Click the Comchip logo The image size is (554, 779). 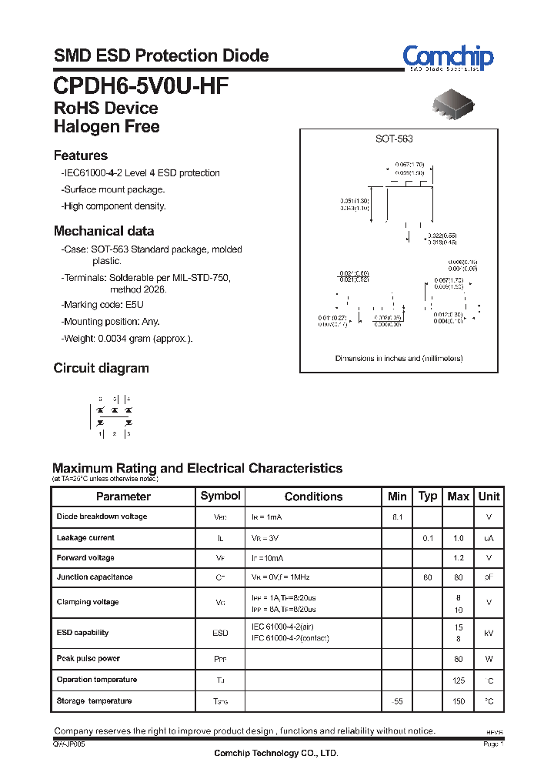448,57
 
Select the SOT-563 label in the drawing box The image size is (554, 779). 394,139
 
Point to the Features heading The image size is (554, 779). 81,155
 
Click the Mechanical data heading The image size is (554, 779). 104,231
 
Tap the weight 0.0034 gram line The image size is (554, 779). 127,339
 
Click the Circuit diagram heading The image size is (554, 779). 101,368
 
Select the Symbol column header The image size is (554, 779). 220,496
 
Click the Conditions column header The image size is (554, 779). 313,496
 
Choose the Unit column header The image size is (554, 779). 489,496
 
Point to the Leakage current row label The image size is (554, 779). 85,537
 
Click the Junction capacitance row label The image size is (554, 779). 95,577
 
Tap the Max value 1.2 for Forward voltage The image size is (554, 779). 458,558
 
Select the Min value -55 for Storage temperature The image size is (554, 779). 397,701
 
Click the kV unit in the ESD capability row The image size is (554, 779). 489,633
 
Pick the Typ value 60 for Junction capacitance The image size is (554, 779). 428,577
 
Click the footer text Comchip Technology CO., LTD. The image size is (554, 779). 275,754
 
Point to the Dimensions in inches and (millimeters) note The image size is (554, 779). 399,359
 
